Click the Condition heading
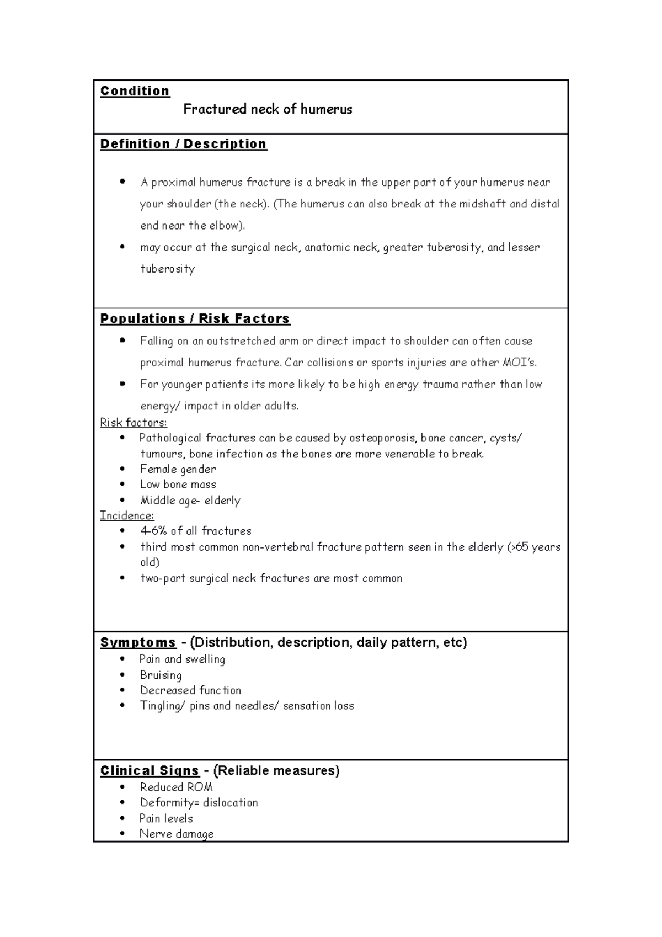(135, 91)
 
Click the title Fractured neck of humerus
(268, 109)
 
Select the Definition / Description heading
(183, 144)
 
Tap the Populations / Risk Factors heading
(195, 319)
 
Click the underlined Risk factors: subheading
(134, 423)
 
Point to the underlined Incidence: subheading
(127, 515)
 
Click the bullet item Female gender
(178, 469)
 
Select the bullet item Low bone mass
(178, 485)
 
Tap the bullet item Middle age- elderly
(190, 501)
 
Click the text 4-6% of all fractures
(196, 531)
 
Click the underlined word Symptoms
(138, 642)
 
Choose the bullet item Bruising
(161, 675)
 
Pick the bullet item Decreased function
(190, 690)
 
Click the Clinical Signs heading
(150, 770)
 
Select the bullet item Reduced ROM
(176, 787)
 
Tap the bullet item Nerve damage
(177, 834)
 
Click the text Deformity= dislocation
(199, 802)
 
